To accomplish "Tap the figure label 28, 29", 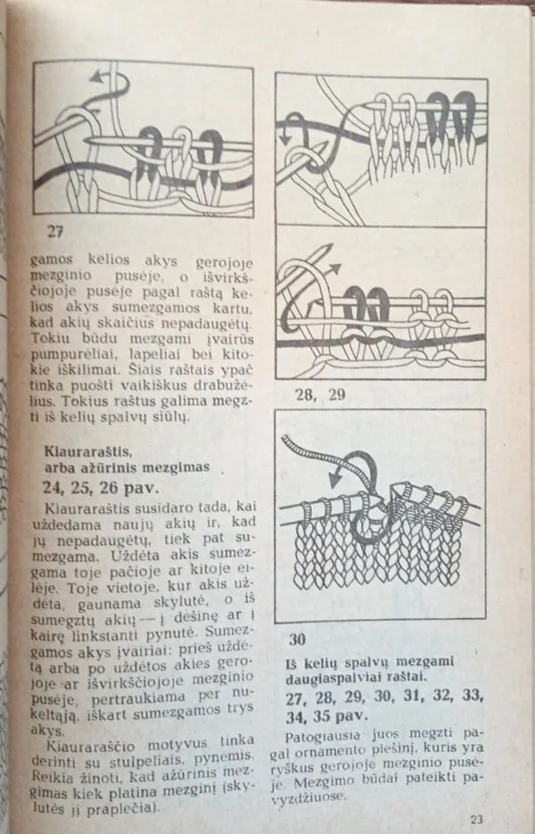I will [312, 395].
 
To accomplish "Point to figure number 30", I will [299, 639].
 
